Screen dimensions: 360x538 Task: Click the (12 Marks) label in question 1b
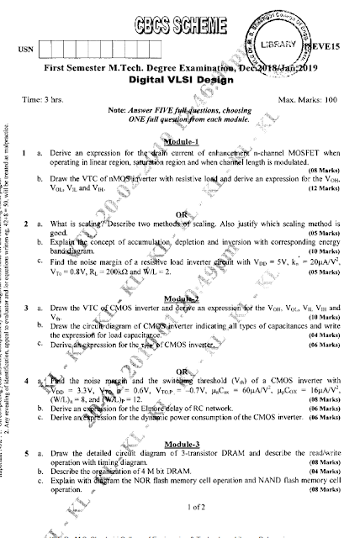coord(322,187)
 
